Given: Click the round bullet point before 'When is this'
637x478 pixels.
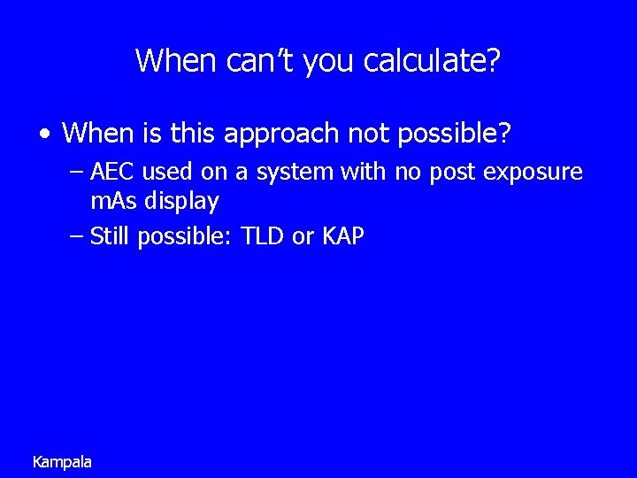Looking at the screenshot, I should tap(44, 135).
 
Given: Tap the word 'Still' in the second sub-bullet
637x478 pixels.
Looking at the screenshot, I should tap(111, 236).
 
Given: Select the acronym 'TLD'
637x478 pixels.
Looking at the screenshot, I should tap(264, 236).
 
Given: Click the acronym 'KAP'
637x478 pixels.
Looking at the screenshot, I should tap(342, 236).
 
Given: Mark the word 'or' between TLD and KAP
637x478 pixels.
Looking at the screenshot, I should tap(303, 236).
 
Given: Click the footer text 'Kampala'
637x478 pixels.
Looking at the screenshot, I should tap(61, 462).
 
